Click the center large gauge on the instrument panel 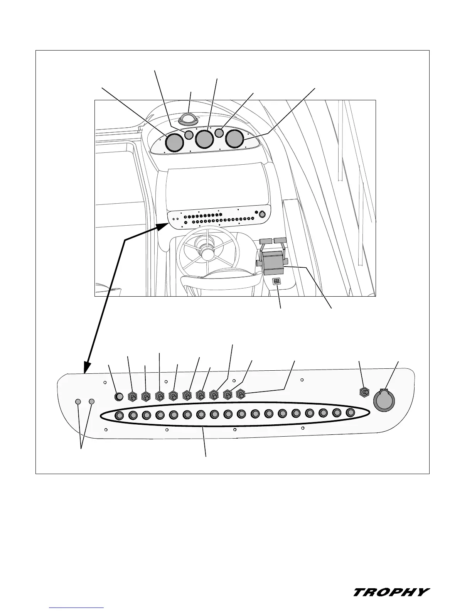(x=204, y=139)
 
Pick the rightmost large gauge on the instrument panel (x=234, y=138)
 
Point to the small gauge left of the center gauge (x=189, y=135)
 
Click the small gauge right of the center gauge (x=219, y=133)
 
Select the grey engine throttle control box (x=272, y=263)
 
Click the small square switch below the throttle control (x=276, y=282)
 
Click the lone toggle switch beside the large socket (x=364, y=393)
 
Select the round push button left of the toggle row (x=119, y=396)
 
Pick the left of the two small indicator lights (x=78, y=402)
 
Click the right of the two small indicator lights (x=91, y=401)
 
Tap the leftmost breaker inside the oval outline (x=120, y=415)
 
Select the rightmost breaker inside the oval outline (x=350, y=412)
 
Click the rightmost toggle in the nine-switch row (x=241, y=394)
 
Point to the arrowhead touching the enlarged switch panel (x=87, y=368)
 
